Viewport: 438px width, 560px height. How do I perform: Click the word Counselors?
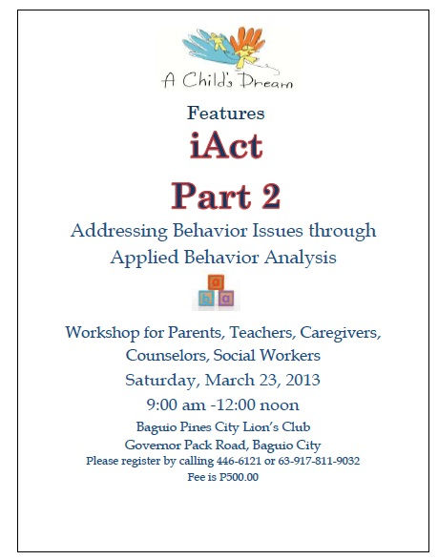point(169,355)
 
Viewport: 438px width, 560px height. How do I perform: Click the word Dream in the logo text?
point(263,83)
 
